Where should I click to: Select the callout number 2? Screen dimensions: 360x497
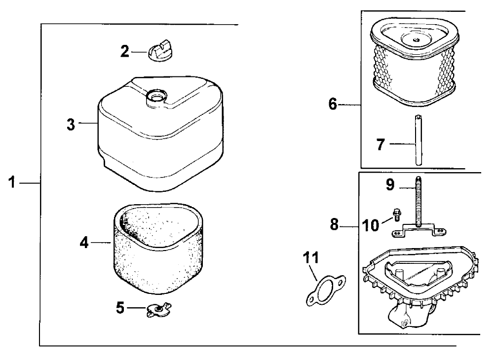click(125, 51)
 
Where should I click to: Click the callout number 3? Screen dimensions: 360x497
click(72, 124)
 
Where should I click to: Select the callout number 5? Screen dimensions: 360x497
click(120, 308)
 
